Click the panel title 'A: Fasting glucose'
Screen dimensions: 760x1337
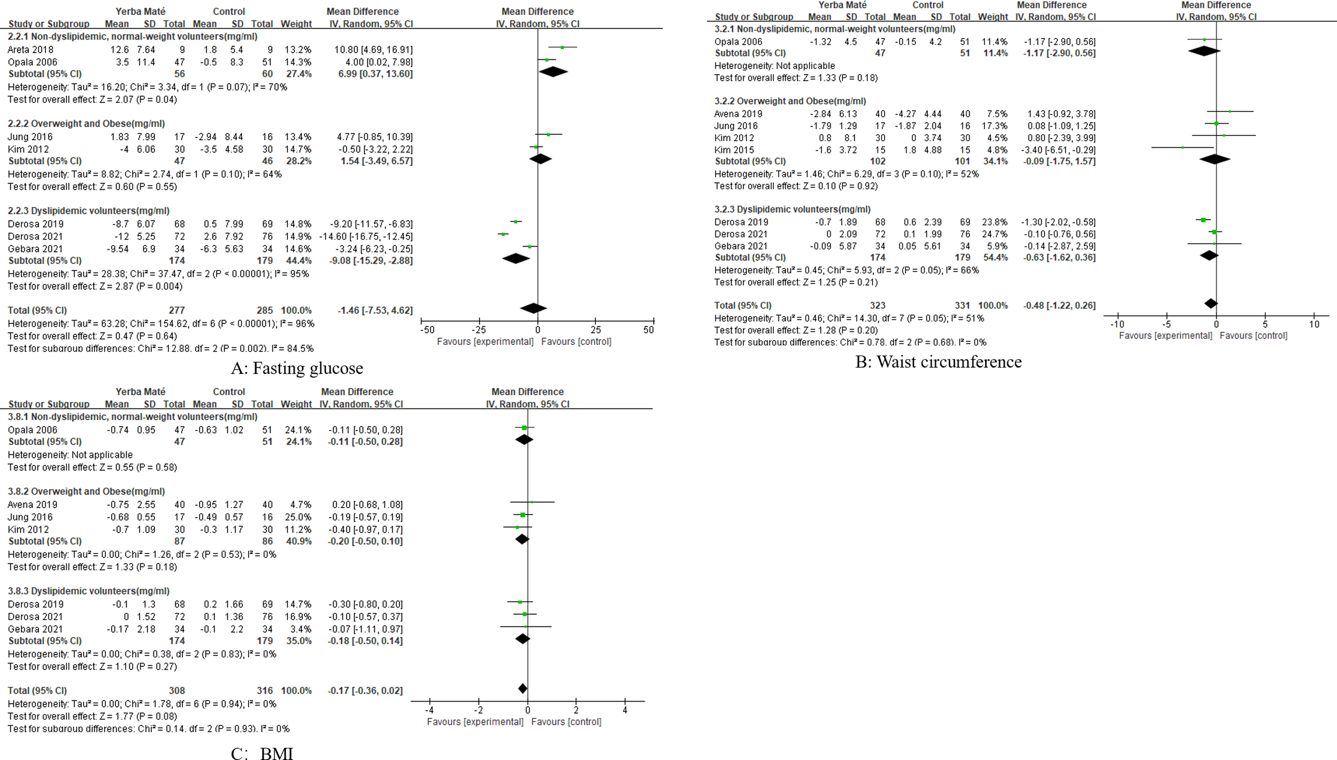(297, 368)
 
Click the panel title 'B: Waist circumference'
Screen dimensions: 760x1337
(938, 362)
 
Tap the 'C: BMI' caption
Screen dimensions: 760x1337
(262, 753)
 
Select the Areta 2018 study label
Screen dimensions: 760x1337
(30, 50)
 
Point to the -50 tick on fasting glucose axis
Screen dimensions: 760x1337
(427, 330)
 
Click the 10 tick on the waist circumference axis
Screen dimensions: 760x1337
(1314, 324)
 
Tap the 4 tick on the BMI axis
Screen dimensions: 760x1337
(625, 710)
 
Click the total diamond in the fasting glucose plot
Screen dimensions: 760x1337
(533, 308)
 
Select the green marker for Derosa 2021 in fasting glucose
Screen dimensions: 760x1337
(503, 234)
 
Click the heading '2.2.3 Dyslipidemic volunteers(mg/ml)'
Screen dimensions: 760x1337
(88, 211)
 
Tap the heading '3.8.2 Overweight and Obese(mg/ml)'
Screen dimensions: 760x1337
(86, 491)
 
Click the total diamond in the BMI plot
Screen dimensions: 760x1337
(522, 688)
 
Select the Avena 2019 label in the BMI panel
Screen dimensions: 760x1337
(32, 504)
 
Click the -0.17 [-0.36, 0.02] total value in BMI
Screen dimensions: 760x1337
(365, 690)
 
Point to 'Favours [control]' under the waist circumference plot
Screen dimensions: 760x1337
(1253, 335)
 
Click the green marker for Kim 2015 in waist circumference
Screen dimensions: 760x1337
(1182, 147)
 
